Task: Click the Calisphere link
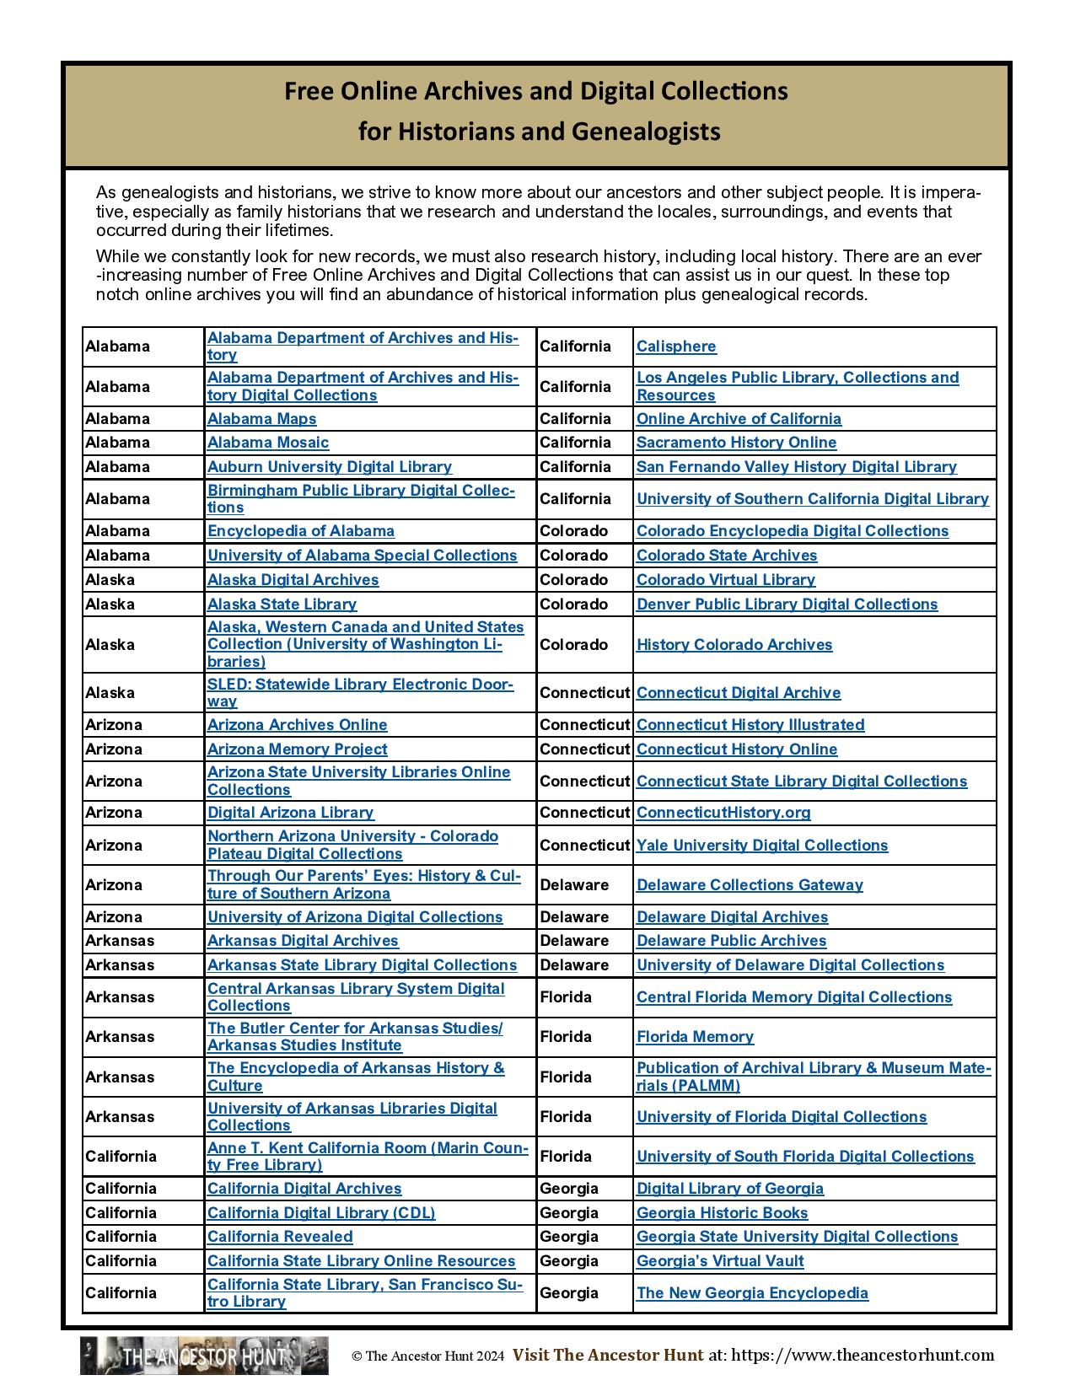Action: coord(676,346)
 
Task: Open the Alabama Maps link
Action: coord(261,419)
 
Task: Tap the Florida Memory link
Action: coord(695,1037)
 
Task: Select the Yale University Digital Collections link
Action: coord(762,846)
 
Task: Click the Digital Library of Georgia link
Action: coord(730,1189)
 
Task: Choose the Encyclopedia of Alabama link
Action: coord(301,531)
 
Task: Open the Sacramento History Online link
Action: coord(736,443)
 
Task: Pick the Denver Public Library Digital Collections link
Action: coord(787,604)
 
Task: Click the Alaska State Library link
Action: coord(282,604)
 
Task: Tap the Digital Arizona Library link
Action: coord(290,813)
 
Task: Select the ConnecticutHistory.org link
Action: coord(723,813)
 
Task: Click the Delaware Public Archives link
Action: coord(731,941)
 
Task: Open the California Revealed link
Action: coord(280,1237)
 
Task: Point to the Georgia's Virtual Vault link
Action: coord(720,1261)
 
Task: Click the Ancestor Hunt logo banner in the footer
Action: coord(204,1356)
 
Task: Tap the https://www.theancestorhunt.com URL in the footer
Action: coord(863,1356)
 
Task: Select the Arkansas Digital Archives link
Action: coord(303,941)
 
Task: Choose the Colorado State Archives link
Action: coord(727,556)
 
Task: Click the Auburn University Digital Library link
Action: coord(330,467)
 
